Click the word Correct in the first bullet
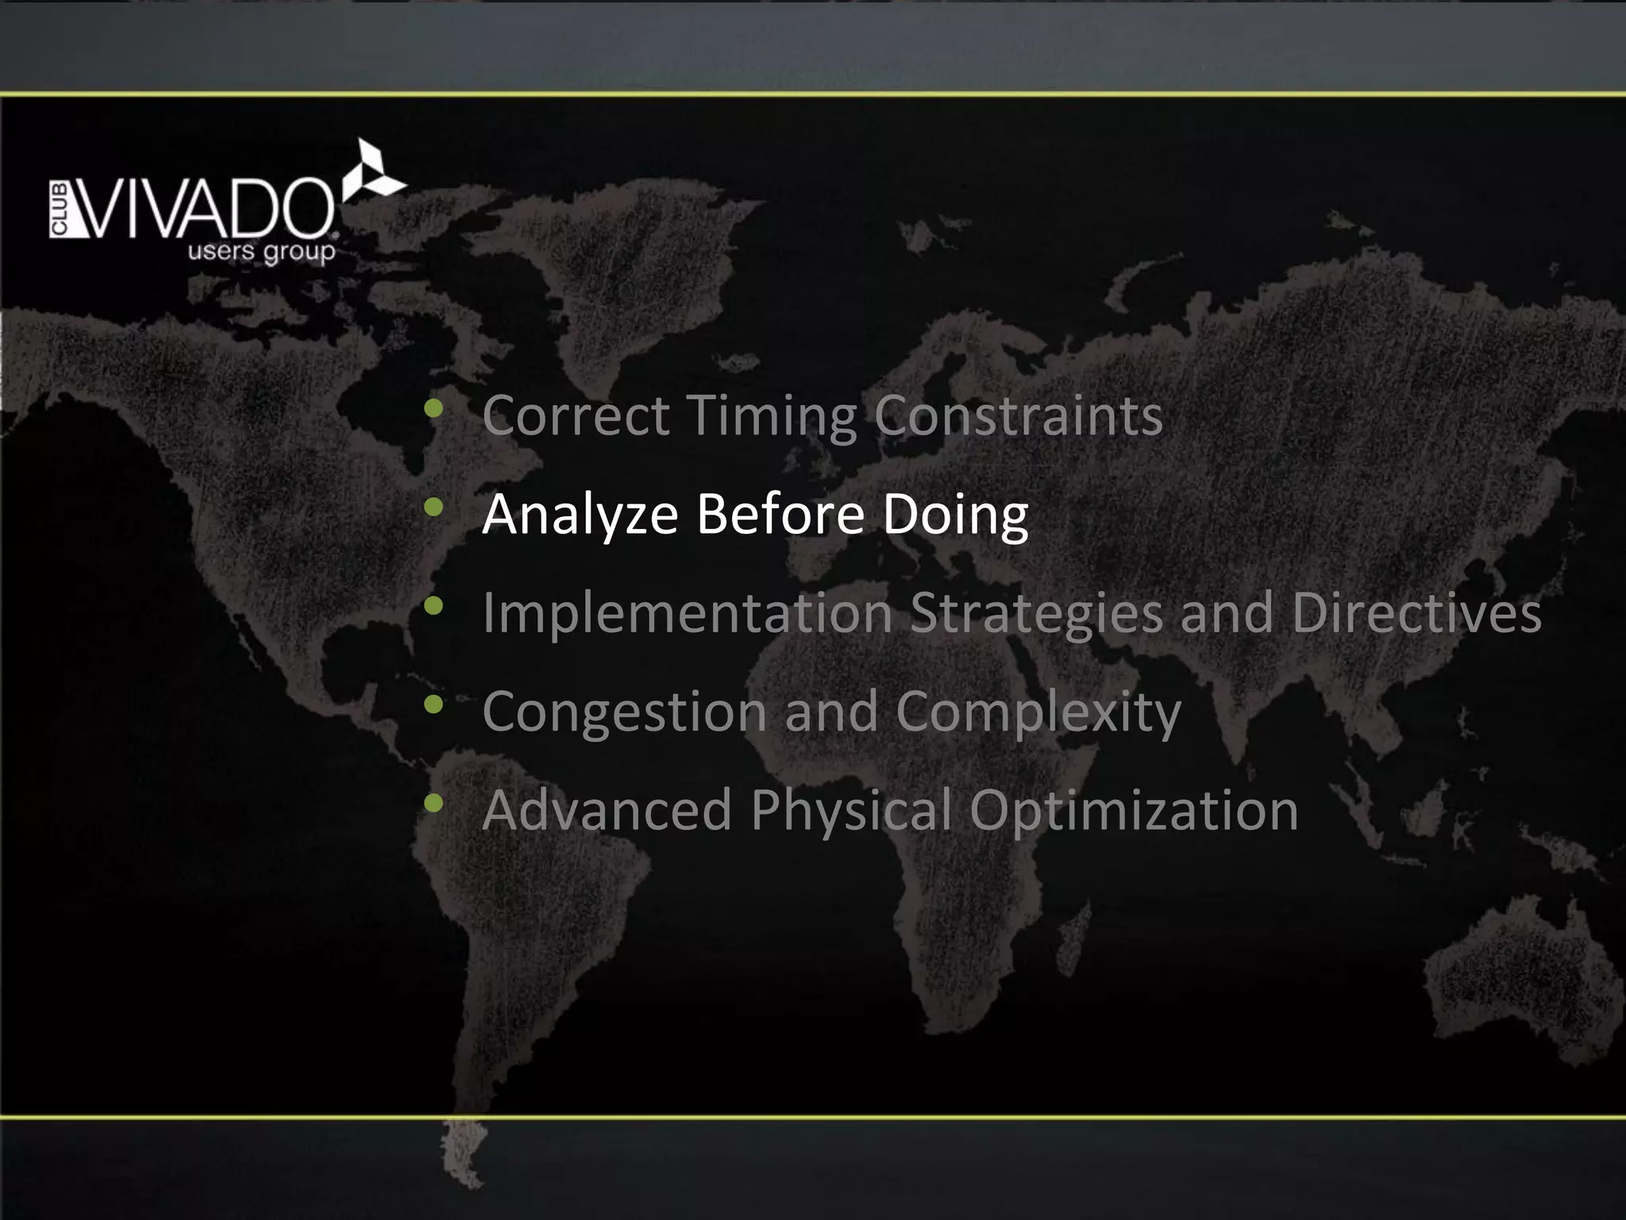(x=576, y=415)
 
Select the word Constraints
(x=1019, y=415)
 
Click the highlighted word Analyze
(x=580, y=515)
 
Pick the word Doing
(x=955, y=515)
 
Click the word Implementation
(x=688, y=614)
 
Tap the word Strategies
(x=1036, y=614)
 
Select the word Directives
(x=1416, y=612)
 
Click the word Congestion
(x=624, y=712)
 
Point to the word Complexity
(x=1038, y=712)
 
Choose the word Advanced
(x=607, y=810)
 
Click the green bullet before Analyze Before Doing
(x=433, y=507)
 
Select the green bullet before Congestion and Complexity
(x=433, y=704)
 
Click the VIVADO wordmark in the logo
(x=203, y=209)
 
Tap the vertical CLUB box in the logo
(x=60, y=210)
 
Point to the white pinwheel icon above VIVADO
(x=372, y=170)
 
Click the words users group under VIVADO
(x=261, y=253)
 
